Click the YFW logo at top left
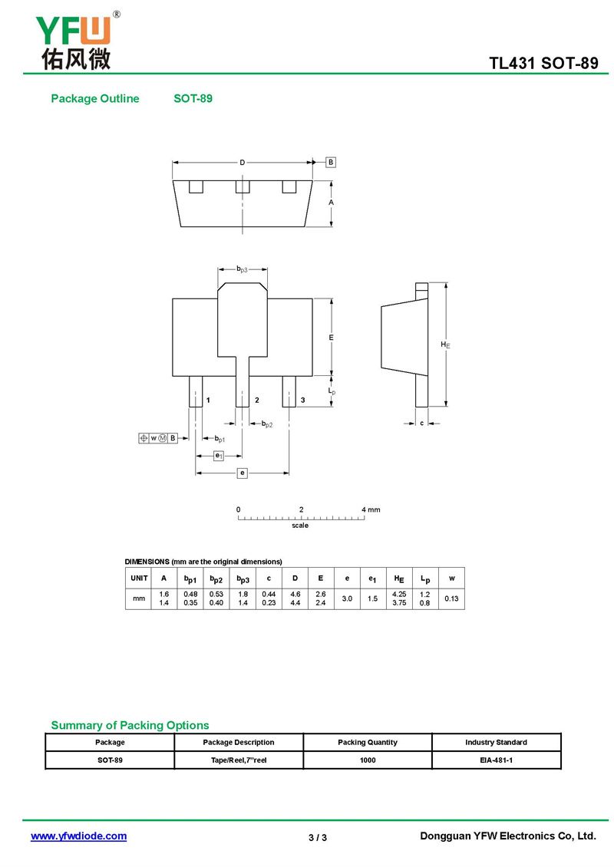pos(77,41)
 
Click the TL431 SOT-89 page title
pos(543,63)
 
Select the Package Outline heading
pos(95,98)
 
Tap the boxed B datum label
pos(331,162)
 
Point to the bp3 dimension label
pos(243,269)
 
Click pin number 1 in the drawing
pos(208,400)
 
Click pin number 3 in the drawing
pos(302,400)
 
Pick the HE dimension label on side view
pos(445,344)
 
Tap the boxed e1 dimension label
pos(219,456)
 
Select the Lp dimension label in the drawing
pos(332,391)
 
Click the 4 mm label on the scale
pos(371,509)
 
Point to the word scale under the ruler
pos(300,526)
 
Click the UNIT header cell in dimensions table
pos(139,578)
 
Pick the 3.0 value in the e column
pos(347,598)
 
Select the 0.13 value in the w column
pos(451,598)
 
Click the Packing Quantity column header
pos(368,742)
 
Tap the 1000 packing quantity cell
pos(368,760)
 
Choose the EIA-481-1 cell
pos(496,760)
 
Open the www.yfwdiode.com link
pos(78,836)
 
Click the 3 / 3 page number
pos(318,838)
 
